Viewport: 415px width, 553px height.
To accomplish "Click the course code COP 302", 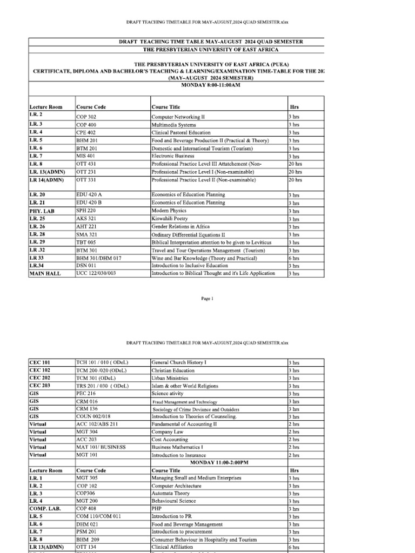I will [86, 117].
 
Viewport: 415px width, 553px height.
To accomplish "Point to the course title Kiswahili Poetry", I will [170, 219].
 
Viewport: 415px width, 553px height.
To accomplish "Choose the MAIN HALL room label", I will [45, 273].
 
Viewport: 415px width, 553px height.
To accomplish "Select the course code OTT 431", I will [86, 164].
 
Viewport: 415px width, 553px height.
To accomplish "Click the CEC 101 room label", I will [39, 362].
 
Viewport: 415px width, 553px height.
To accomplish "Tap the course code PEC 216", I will [85, 394].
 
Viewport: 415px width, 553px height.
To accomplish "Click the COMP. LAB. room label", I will [44, 509].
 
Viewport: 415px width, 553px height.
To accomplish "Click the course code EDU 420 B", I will [89, 203].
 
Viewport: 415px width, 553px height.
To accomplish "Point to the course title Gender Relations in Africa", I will [180, 227].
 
